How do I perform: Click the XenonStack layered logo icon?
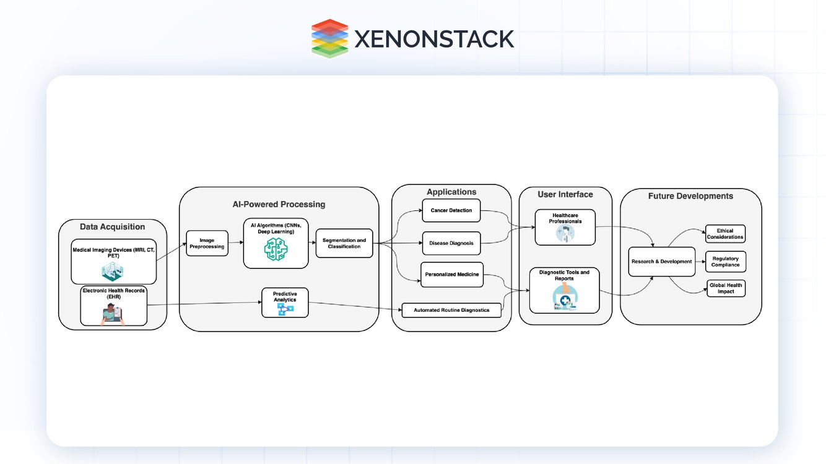point(329,38)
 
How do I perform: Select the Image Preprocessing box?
point(207,243)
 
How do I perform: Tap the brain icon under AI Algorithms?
point(276,249)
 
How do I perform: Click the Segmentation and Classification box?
point(344,243)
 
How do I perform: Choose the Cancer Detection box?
point(451,210)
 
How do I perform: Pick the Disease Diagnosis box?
point(451,243)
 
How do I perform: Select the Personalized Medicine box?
point(451,275)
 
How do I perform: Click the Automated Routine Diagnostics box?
point(451,310)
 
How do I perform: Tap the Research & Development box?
point(661,262)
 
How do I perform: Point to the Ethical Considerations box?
point(725,234)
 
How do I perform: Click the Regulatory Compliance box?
point(725,262)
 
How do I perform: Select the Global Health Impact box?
point(726,288)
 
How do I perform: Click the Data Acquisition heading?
point(112,227)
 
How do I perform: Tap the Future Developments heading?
point(690,196)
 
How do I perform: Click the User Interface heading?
point(565,194)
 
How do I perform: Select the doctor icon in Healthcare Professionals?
point(565,233)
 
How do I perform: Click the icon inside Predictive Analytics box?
point(285,309)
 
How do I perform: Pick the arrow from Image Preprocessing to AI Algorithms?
point(236,243)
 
